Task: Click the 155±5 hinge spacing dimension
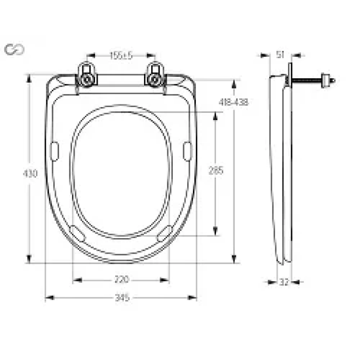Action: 121,55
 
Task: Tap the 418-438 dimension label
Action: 234,102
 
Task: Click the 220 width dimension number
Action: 121,279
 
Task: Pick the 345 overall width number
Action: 121,297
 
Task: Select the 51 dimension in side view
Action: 280,55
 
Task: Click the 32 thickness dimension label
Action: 283,282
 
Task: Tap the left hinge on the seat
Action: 86,76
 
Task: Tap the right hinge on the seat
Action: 155,76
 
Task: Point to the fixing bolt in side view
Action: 315,81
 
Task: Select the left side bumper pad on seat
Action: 54,151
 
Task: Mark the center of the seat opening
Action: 121,173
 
